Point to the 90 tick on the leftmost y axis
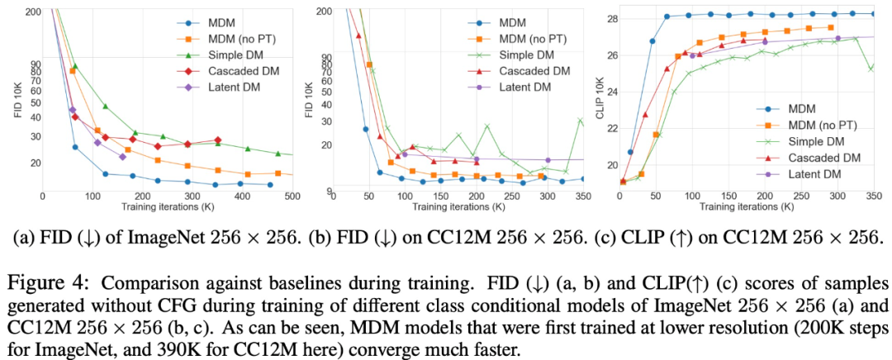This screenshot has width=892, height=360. pos(36,63)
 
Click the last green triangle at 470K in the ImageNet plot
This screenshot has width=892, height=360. pos(278,154)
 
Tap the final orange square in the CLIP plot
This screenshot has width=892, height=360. pos(830,27)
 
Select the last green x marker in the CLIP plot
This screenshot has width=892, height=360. pos(871,69)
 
